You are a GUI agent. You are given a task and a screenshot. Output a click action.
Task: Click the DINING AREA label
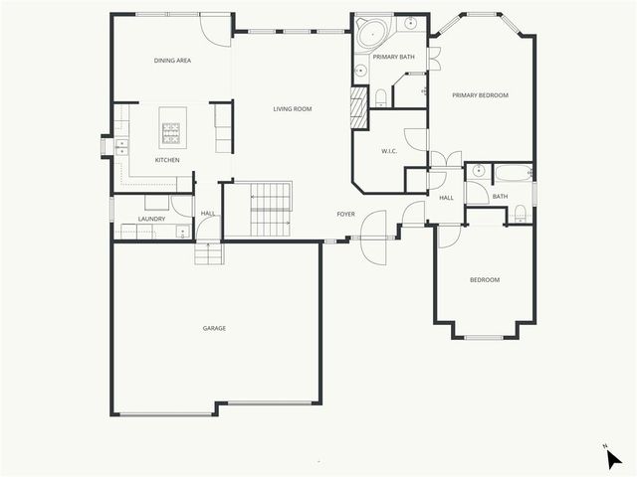click(x=172, y=61)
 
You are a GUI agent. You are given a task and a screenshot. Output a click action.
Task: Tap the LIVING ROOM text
click(x=294, y=108)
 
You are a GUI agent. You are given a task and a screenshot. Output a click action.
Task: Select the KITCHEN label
click(x=167, y=160)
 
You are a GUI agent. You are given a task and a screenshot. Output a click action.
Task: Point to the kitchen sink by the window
click(x=121, y=146)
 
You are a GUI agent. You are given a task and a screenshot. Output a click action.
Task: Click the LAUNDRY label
click(x=152, y=219)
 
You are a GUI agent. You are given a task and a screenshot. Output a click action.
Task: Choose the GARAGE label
click(x=214, y=328)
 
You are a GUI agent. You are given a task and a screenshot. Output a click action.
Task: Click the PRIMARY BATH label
click(x=393, y=57)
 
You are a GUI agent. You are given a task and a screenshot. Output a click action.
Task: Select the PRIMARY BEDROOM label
click(x=480, y=95)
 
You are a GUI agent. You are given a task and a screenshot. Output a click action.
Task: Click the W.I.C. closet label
click(x=390, y=151)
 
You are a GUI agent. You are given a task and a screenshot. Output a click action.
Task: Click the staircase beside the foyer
click(x=269, y=210)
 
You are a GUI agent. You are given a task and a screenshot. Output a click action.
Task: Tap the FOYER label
click(x=345, y=214)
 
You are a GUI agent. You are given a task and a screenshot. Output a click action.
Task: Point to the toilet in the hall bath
click(x=520, y=212)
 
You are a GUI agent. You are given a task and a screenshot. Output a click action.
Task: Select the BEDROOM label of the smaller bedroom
click(x=485, y=280)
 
